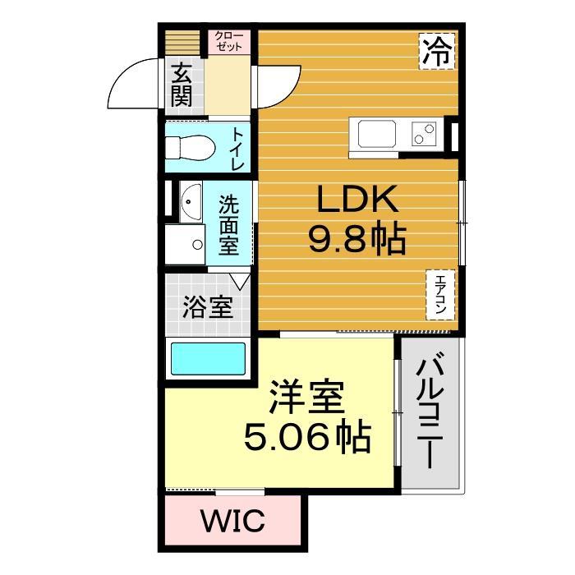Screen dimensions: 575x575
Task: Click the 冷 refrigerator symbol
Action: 437,52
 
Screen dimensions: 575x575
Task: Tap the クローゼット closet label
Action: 228,42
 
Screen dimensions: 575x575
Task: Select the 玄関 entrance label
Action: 182,87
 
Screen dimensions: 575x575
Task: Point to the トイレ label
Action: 237,148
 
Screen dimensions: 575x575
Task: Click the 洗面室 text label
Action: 229,223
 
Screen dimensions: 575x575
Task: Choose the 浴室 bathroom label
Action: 206,308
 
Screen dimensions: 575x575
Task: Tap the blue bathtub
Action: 207,359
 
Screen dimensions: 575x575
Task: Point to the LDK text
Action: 354,200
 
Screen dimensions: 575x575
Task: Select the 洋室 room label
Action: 305,400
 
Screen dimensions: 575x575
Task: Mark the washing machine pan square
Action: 185,244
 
